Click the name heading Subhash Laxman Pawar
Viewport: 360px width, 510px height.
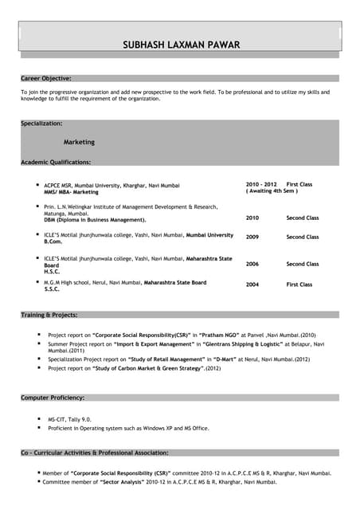[180, 45]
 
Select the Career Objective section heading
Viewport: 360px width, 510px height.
[46, 78]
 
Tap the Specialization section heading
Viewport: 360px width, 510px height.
[41, 124]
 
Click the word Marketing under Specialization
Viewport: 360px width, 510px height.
[79, 142]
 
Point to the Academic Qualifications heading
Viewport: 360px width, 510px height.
[56, 162]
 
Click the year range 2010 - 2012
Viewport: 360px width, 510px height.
[261, 184]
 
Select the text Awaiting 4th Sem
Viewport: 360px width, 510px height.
[272, 191]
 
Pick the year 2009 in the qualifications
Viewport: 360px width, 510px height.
[252, 237]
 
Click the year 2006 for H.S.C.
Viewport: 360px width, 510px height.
[252, 264]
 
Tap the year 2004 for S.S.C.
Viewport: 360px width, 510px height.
[252, 284]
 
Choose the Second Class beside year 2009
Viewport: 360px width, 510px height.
[302, 237]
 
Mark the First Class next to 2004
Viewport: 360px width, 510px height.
[299, 284]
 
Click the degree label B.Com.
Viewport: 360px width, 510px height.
[53, 242]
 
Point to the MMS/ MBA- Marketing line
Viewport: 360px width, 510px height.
[72, 192]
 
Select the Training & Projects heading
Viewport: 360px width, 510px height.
[49, 316]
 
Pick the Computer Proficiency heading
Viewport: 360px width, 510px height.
[53, 398]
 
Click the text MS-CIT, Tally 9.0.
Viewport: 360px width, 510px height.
[69, 419]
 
